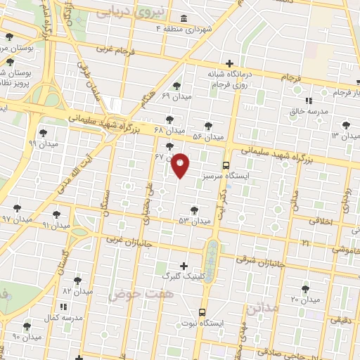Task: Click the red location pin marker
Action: [181, 165]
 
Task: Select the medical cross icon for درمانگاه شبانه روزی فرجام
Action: [230, 63]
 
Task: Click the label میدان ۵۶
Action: [207, 136]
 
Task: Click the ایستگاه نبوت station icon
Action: [202, 313]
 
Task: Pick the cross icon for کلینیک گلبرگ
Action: [184, 266]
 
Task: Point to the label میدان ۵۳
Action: [195, 221]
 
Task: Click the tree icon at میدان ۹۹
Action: [43, 132]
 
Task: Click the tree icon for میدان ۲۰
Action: [305, 288]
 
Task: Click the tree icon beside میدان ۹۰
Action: [27, 326]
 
